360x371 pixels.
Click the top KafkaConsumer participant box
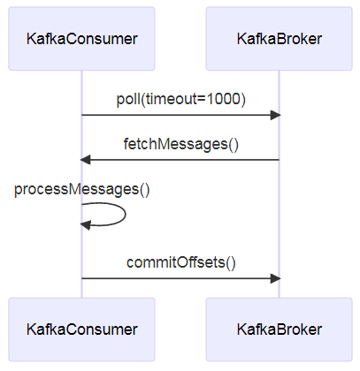81,39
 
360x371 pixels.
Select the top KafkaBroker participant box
280,39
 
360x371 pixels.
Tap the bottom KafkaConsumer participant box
81,329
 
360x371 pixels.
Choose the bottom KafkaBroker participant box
280,329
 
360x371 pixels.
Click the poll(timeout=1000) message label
180,99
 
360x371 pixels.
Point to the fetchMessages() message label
180,144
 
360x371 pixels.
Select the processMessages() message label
82,189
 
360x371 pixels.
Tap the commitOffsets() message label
181,262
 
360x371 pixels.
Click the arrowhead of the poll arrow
276,115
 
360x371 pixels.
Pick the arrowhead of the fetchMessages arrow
85,160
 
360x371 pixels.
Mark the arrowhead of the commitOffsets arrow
276,278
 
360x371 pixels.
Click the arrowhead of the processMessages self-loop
85,225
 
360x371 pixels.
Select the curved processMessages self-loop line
126,214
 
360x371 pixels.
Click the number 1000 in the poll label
224,99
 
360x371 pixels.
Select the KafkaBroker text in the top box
280,39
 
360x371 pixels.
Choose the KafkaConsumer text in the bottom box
82,329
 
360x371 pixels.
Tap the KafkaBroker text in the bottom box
280,329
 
